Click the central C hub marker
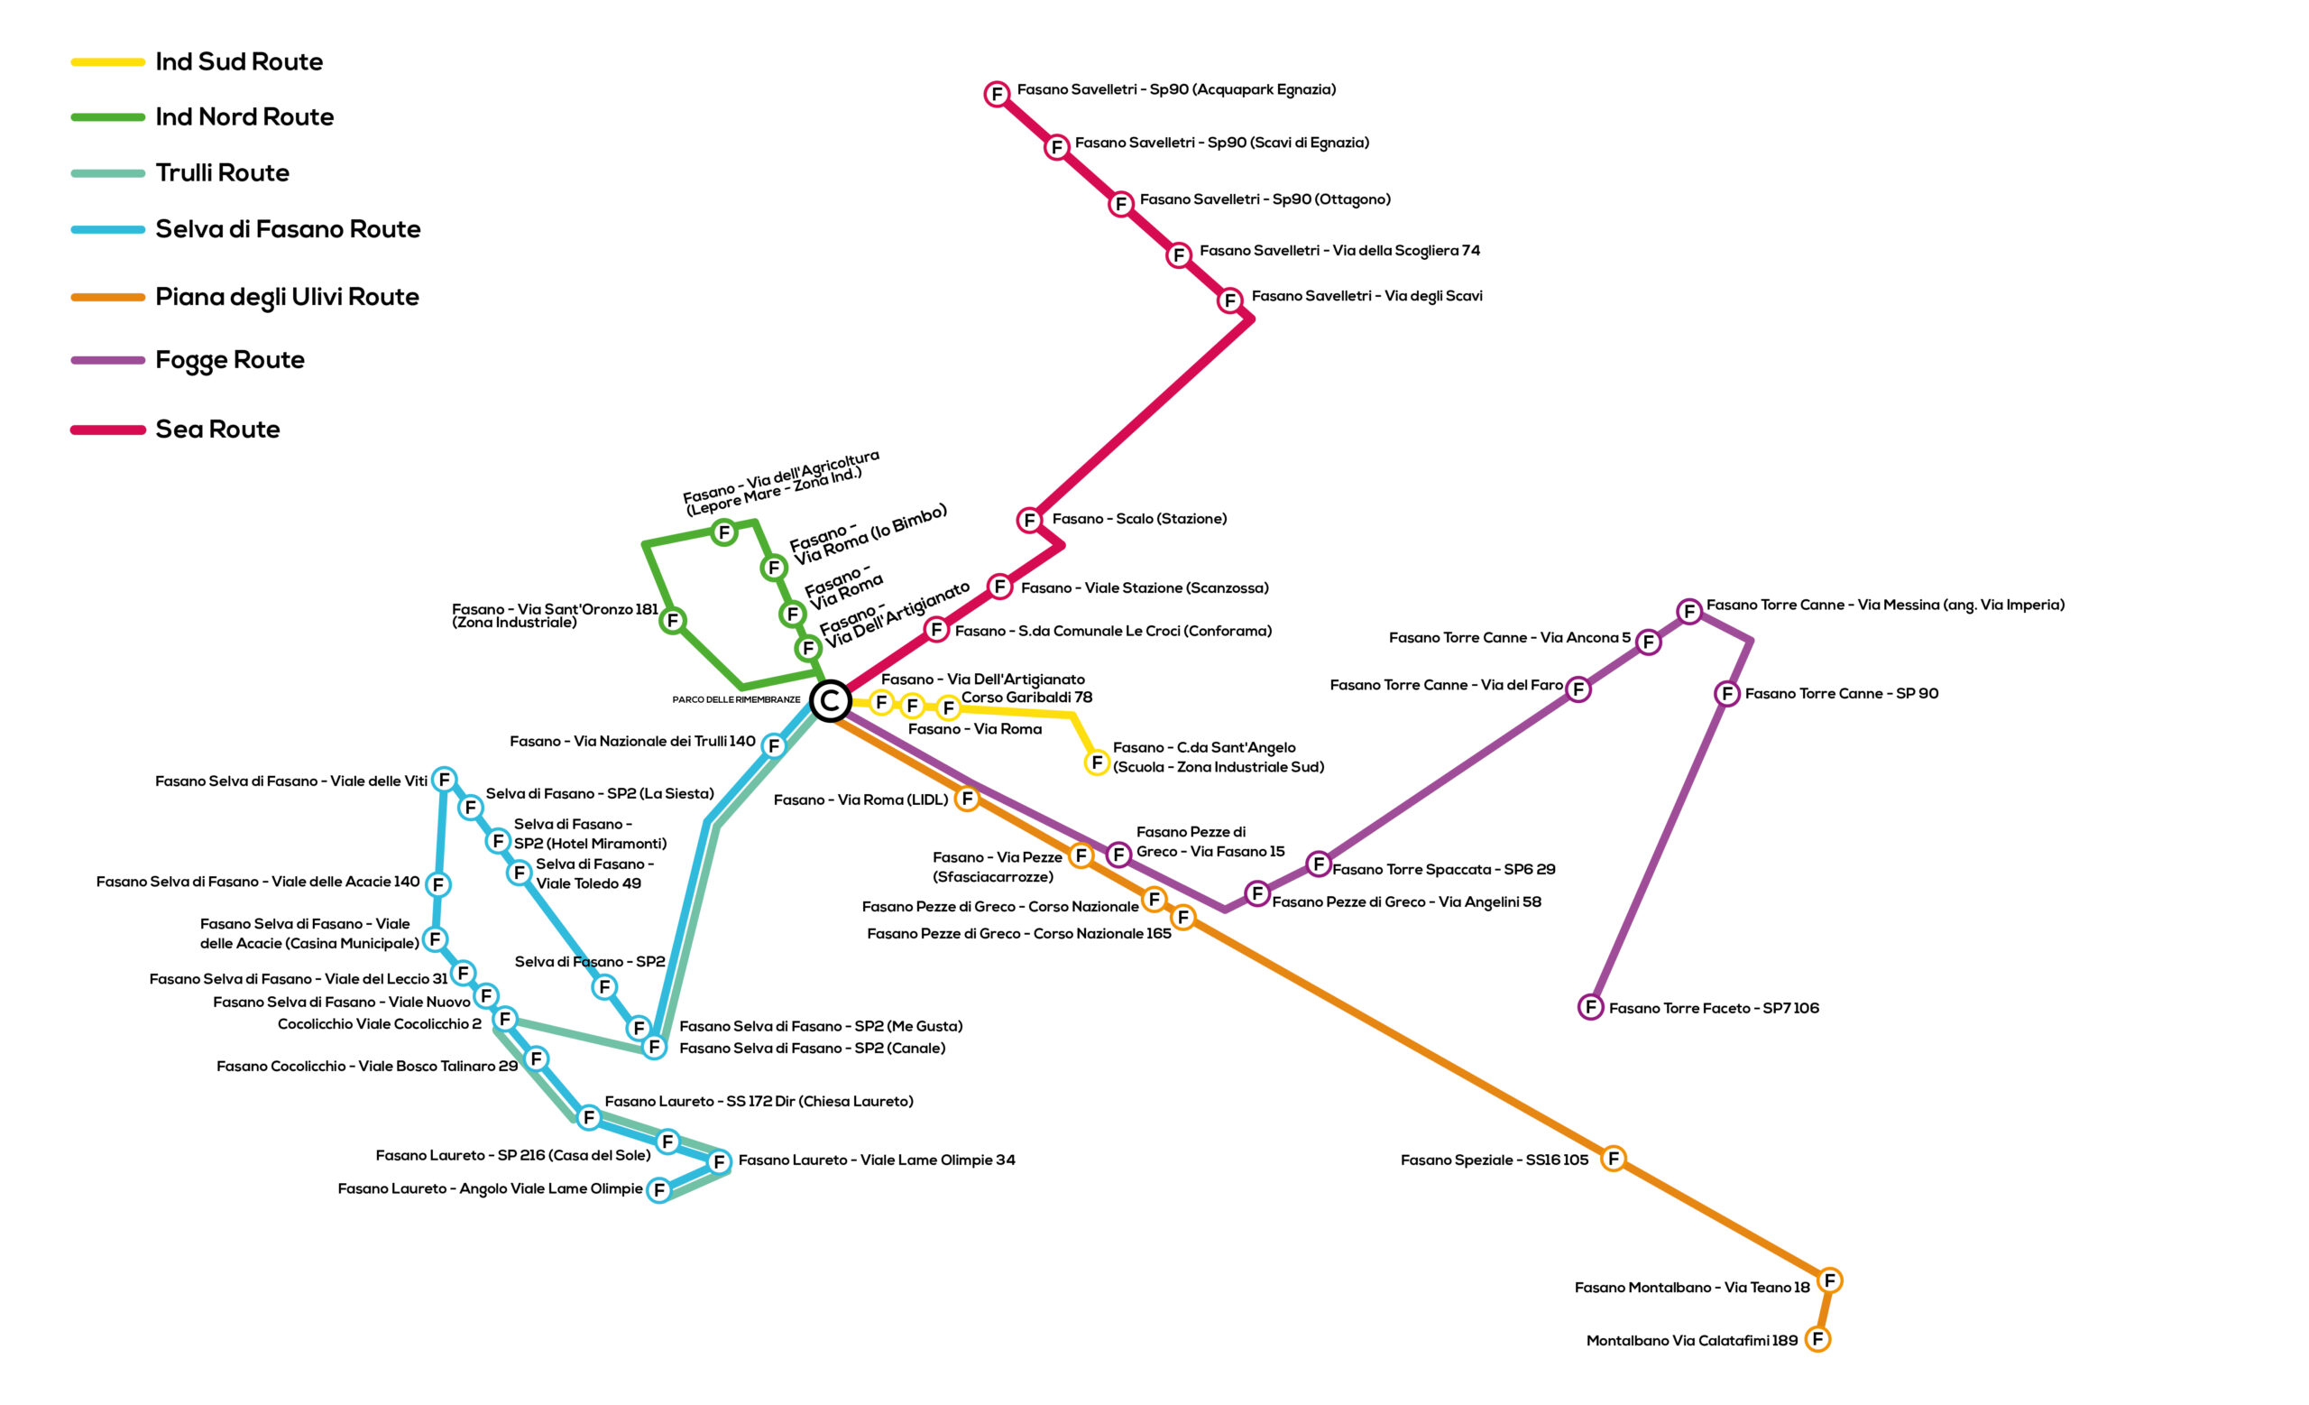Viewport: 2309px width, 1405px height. pyautogui.click(x=829, y=701)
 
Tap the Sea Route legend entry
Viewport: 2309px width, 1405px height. pyautogui.click(x=175, y=430)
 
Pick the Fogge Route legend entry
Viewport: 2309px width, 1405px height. pyautogui.click(x=188, y=360)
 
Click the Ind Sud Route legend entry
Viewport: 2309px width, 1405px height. pyautogui.click(x=197, y=62)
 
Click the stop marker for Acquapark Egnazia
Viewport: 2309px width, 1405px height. pyautogui.click(x=997, y=94)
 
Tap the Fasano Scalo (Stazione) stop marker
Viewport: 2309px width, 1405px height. pyautogui.click(x=1030, y=520)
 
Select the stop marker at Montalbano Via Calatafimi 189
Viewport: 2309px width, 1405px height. pyautogui.click(x=1818, y=1339)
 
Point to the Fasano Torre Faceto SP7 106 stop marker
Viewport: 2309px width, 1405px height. pyautogui.click(x=1590, y=1008)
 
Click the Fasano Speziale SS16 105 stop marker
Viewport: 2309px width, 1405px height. pyautogui.click(x=1613, y=1159)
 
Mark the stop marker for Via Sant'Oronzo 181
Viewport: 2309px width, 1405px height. pyautogui.click(x=672, y=621)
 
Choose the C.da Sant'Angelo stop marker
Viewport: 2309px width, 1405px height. pyautogui.click(x=1097, y=763)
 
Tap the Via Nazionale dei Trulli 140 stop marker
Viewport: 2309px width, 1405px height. pyautogui.click(x=773, y=746)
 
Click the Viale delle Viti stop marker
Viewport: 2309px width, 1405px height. pyautogui.click(x=444, y=780)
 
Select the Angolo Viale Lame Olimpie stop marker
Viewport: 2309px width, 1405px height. pyautogui.click(x=658, y=1190)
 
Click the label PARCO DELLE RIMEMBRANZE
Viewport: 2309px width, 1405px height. pyautogui.click(x=737, y=700)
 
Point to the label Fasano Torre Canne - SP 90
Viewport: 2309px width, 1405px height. pyautogui.click(x=1842, y=694)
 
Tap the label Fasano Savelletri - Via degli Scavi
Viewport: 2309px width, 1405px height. pyautogui.click(x=1367, y=296)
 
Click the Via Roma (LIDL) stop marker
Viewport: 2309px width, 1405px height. pyautogui.click(x=967, y=799)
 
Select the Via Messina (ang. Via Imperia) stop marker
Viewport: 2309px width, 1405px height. pyautogui.click(x=1688, y=612)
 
